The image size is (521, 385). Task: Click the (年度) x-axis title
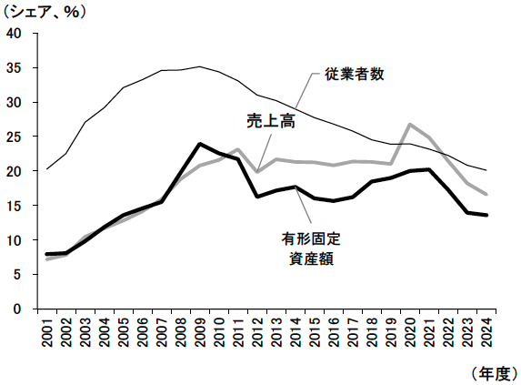click(491, 373)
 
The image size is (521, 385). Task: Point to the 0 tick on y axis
click(17, 309)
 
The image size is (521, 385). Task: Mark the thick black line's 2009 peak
click(199, 144)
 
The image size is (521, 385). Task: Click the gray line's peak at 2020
click(410, 125)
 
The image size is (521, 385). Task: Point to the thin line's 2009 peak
click(199, 66)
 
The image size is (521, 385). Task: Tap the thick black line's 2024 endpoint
click(486, 215)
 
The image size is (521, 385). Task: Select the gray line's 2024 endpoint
click(486, 194)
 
